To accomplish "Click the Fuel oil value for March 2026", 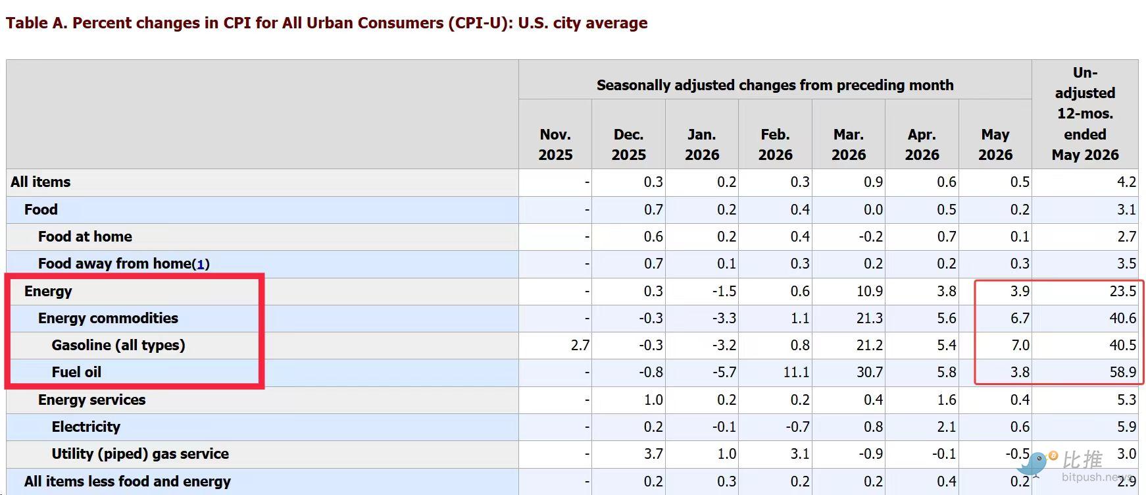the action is [869, 373].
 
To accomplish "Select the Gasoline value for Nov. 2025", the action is [580, 345].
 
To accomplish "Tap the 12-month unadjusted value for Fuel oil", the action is [1122, 373].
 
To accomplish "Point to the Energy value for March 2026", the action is [869, 291].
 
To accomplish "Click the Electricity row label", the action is [86, 427].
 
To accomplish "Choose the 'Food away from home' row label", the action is [114, 264].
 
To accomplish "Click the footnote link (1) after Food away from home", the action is [201, 265].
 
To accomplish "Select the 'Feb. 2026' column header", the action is [775, 145].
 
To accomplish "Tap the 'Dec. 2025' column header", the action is [628, 145].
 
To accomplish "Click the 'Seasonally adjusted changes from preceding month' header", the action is [775, 85].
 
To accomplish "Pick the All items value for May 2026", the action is [1020, 182].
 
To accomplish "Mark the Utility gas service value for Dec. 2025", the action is [653, 454].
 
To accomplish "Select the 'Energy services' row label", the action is [92, 400].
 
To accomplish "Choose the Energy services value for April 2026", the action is [947, 400].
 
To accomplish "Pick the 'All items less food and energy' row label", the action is [128, 481].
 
